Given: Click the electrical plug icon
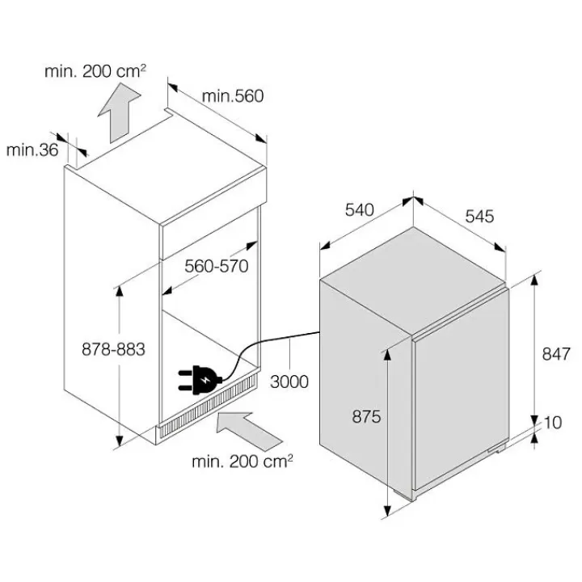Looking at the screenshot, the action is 200,379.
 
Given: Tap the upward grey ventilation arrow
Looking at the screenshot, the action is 119,112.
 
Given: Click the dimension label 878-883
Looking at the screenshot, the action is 113,349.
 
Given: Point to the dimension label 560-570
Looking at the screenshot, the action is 217,266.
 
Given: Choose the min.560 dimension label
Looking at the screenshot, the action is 233,95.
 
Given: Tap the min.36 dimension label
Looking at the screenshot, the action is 32,150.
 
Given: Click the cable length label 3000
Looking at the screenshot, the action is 289,382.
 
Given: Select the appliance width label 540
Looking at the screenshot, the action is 359,209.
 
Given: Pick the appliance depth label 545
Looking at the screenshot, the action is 479,216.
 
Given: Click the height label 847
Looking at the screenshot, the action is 556,354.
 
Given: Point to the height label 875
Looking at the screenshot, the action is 366,416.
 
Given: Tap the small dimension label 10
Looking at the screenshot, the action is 553,423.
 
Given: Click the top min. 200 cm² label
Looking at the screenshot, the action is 95,71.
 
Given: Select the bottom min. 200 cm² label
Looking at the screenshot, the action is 242,462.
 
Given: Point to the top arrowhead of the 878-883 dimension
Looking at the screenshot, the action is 119,292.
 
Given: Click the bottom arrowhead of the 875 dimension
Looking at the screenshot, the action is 386,510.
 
